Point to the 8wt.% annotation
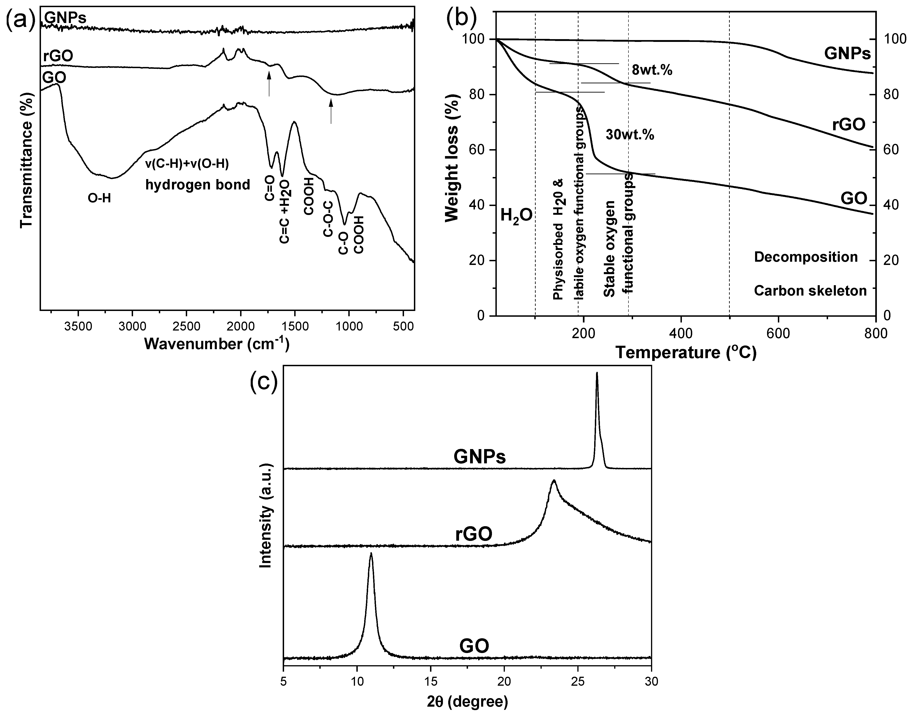[x=652, y=70]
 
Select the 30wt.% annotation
[x=630, y=135]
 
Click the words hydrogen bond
[x=197, y=185]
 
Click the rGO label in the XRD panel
[x=474, y=535]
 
